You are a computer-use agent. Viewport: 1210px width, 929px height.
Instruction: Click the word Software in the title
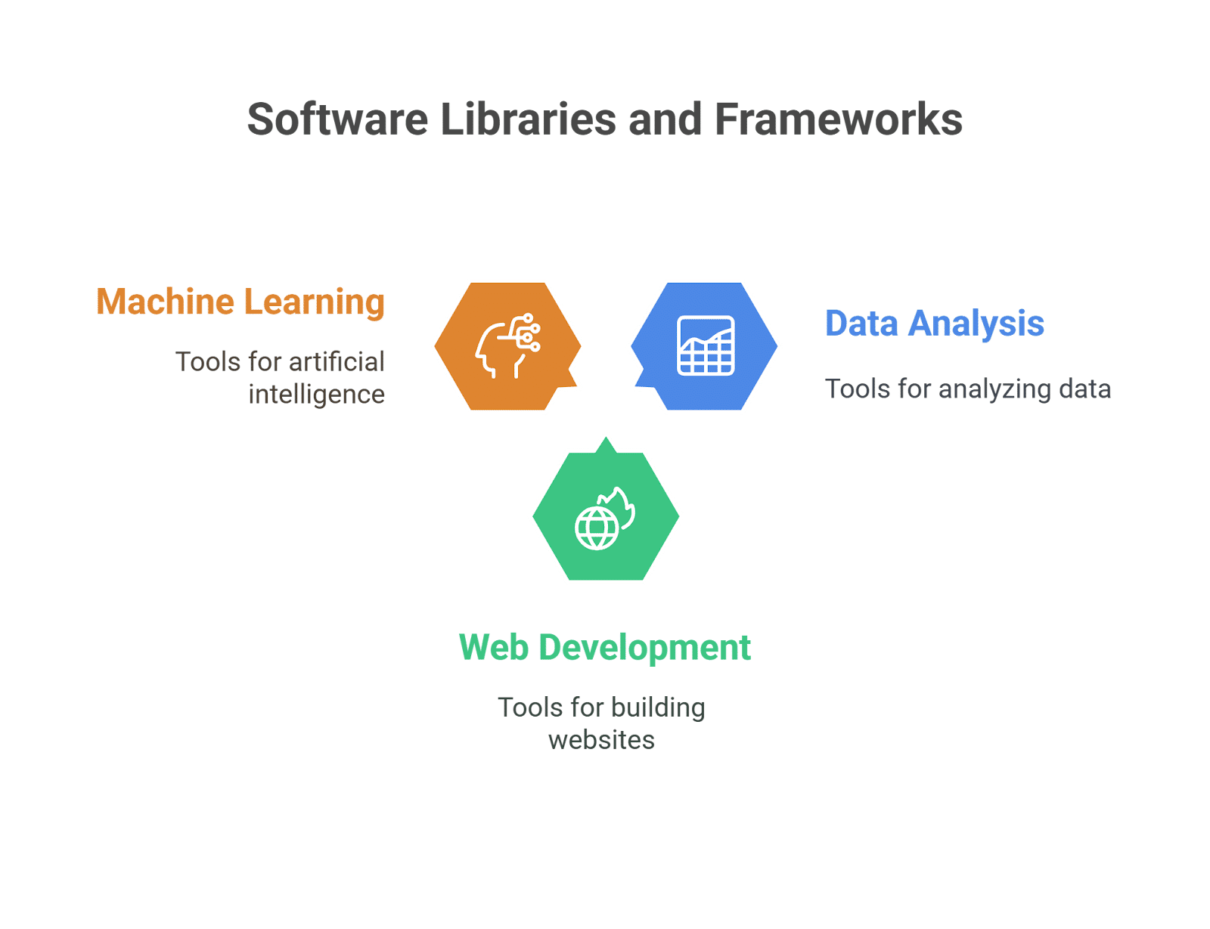click(337, 119)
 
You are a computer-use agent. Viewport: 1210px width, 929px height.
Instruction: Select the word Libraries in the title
click(528, 119)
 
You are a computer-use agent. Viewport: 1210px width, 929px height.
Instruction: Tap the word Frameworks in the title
click(838, 119)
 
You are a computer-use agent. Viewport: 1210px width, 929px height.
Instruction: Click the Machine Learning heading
click(240, 303)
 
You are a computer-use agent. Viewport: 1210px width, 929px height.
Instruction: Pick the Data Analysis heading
click(935, 324)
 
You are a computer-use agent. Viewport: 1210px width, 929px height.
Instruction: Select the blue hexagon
click(704, 346)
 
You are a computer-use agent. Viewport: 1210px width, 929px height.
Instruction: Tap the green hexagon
click(606, 516)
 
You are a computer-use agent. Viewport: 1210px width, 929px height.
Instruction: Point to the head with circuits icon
click(507, 345)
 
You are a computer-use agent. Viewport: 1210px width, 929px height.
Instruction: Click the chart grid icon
click(706, 345)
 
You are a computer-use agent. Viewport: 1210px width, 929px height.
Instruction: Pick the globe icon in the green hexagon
click(597, 528)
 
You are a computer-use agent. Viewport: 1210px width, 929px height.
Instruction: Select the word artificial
click(337, 362)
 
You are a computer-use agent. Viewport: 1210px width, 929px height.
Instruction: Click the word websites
click(601, 741)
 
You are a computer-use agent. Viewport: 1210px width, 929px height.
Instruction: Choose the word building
click(658, 708)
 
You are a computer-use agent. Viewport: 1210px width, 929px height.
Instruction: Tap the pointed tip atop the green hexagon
click(606, 438)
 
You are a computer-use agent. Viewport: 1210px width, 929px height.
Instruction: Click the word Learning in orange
click(315, 303)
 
